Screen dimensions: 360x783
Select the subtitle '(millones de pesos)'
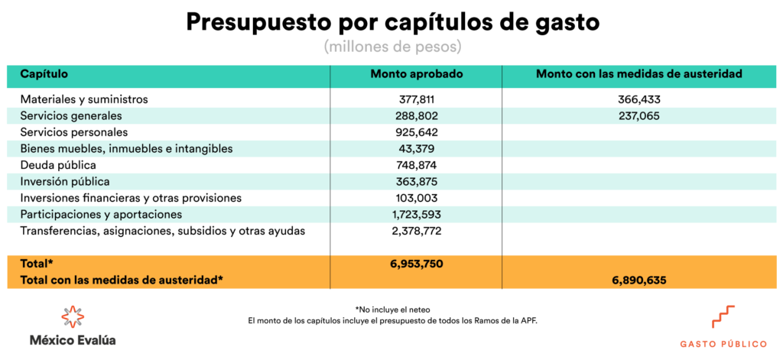point(392,47)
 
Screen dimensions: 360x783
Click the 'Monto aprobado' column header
point(416,74)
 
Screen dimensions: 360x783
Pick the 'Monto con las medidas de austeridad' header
point(639,74)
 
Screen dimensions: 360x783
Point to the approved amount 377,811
point(417,99)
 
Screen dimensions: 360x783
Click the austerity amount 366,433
point(638,99)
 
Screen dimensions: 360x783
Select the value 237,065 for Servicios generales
point(638,116)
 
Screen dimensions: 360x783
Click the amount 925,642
point(417,132)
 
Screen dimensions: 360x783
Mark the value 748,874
point(417,165)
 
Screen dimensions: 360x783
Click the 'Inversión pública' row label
point(65,182)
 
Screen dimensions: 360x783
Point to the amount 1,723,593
point(416,215)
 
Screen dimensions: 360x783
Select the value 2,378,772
point(416,231)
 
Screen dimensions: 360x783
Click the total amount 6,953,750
point(416,264)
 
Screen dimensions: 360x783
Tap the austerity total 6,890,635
point(638,281)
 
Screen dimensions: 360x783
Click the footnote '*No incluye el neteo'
point(392,309)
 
